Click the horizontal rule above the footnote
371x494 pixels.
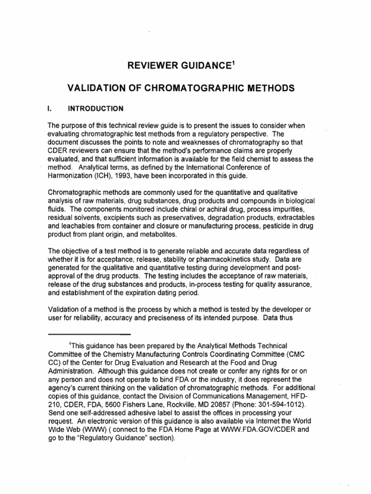89,334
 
